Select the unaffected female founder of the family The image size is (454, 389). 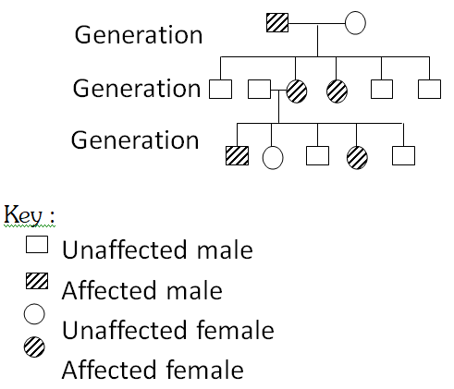(356, 22)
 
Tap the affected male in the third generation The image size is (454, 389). (238, 154)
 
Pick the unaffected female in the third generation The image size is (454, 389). (273, 155)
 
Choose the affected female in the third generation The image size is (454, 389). (357, 155)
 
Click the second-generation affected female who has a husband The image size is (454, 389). (296, 90)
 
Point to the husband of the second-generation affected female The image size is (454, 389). (259, 90)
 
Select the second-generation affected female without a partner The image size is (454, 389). (337, 90)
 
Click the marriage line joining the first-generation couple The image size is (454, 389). (317, 22)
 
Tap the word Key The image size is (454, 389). (29, 214)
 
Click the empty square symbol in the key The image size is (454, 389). (37, 246)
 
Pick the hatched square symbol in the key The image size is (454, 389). (37, 283)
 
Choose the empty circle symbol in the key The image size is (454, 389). (36, 314)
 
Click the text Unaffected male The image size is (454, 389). (156, 249)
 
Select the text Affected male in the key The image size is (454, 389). (141, 290)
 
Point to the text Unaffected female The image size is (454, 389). (167, 330)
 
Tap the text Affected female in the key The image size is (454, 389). (153, 370)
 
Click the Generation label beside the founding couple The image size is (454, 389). (138, 34)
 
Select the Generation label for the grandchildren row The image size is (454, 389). (135, 140)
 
